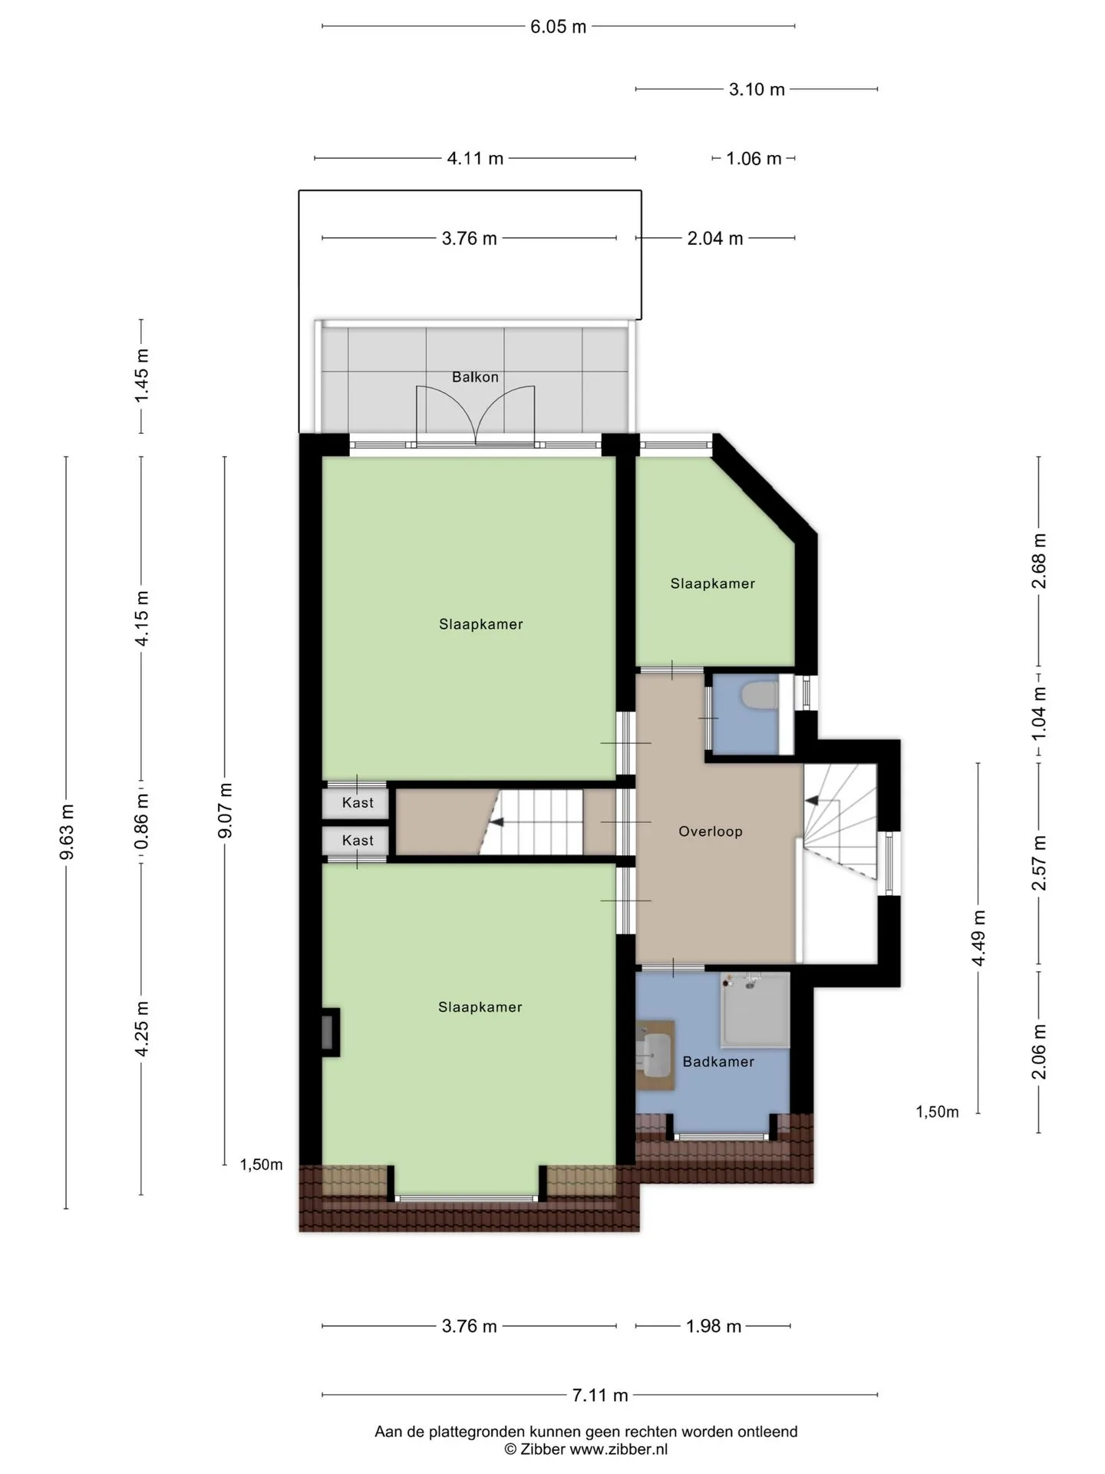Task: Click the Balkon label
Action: [475, 377]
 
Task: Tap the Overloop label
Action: [711, 831]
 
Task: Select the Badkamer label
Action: [718, 1062]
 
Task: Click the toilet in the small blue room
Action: [760, 696]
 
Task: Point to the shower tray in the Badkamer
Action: [755, 1010]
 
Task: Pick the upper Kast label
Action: [358, 803]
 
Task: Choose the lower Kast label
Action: [358, 841]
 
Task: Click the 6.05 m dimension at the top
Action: [559, 27]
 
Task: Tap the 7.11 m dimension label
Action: [600, 1395]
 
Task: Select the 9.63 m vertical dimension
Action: [67, 832]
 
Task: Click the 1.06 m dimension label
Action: [754, 159]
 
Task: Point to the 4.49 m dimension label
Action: [978, 938]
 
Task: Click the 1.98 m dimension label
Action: [714, 1326]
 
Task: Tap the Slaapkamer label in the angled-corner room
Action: [713, 583]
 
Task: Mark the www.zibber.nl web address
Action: [618, 1449]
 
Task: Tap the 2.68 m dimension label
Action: [1039, 561]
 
